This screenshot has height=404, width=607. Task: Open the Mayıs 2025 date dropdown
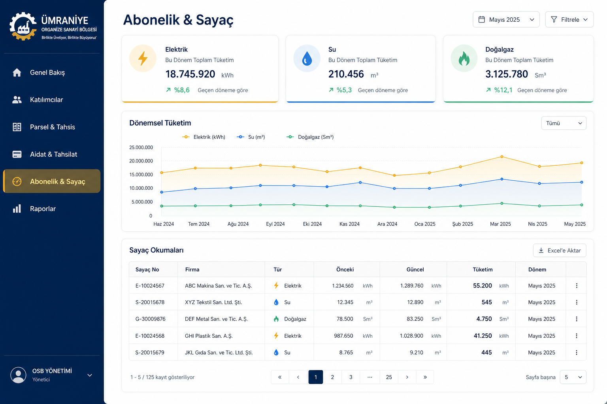[x=506, y=19]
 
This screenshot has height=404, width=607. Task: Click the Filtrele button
[x=569, y=19]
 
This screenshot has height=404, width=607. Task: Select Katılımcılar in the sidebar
[x=46, y=99]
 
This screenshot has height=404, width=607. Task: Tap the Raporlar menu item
[x=43, y=209]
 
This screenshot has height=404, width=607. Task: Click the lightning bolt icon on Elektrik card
[x=143, y=58]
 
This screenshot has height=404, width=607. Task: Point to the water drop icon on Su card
[x=307, y=58]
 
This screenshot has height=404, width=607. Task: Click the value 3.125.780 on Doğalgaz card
[x=507, y=74]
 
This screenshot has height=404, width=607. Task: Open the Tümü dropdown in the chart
[x=564, y=123]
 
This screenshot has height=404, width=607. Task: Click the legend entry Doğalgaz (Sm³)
[x=310, y=137]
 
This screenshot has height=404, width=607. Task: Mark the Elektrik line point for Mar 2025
[x=501, y=157]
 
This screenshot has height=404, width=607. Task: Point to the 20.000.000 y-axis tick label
[x=141, y=161]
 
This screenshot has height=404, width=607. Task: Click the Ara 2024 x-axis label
[x=387, y=224]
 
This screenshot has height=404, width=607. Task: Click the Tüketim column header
[x=483, y=269]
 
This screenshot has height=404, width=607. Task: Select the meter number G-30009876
[x=151, y=319]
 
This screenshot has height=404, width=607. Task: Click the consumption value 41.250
[x=483, y=336]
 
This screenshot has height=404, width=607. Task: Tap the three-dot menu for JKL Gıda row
[x=577, y=352]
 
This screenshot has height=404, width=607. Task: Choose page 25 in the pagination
[x=389, y=377]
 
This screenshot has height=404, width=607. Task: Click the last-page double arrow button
[x=425, y=377]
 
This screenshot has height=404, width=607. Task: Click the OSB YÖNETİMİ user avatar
[x=18, y=375]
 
